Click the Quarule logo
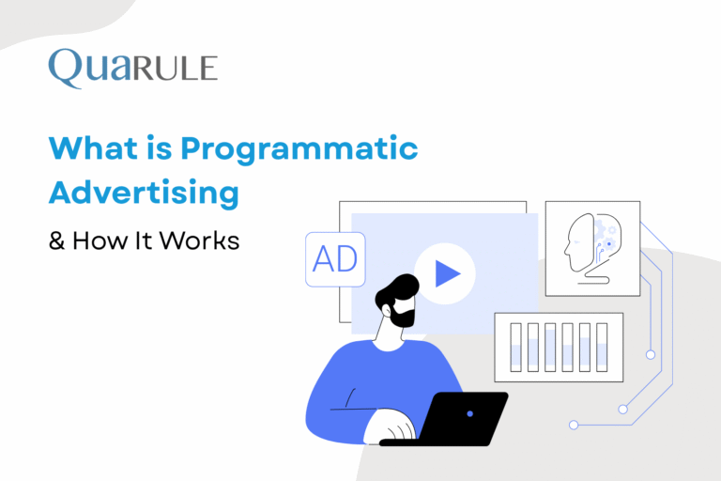[132, 68]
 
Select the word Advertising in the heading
[143, 193]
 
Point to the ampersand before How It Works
[57, 240]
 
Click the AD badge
[335, 258]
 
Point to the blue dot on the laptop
[470, 413]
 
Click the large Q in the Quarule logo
[68, 68]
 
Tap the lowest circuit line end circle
[574, 425]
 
